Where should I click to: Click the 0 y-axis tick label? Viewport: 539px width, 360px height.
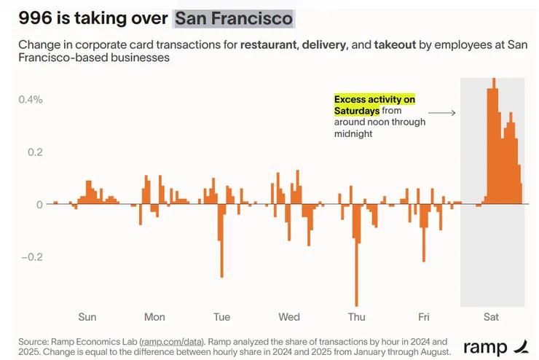[39, 205]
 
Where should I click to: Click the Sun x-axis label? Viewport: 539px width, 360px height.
[87, 317]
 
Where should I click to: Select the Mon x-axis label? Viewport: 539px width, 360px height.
[154, 317]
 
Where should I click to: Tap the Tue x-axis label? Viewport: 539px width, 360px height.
[221, 317]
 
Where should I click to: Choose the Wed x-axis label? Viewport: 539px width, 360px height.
[289, 317]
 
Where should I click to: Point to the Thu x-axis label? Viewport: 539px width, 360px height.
[356, 317]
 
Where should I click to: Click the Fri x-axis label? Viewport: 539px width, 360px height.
[424, 317]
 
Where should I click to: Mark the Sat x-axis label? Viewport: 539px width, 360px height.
[491, 317]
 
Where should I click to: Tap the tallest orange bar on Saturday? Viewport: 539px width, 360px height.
[494, 138]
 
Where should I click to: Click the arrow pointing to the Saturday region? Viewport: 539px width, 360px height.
[441, 113]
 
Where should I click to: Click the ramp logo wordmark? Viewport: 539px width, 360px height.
[486, 347]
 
